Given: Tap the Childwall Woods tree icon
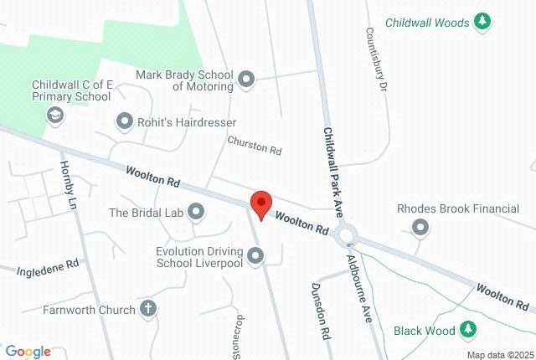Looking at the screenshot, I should [482, 23].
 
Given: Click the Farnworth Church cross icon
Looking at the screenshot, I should [148, 310].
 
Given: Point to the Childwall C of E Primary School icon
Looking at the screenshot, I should [55, 115].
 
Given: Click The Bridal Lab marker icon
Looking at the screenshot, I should [196, 212].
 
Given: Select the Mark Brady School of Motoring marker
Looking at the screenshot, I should [245, 80].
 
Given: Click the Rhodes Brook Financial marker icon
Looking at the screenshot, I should [420, 227].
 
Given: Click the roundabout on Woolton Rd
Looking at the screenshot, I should [346, 234].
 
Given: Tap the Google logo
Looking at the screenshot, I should [28, 352].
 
